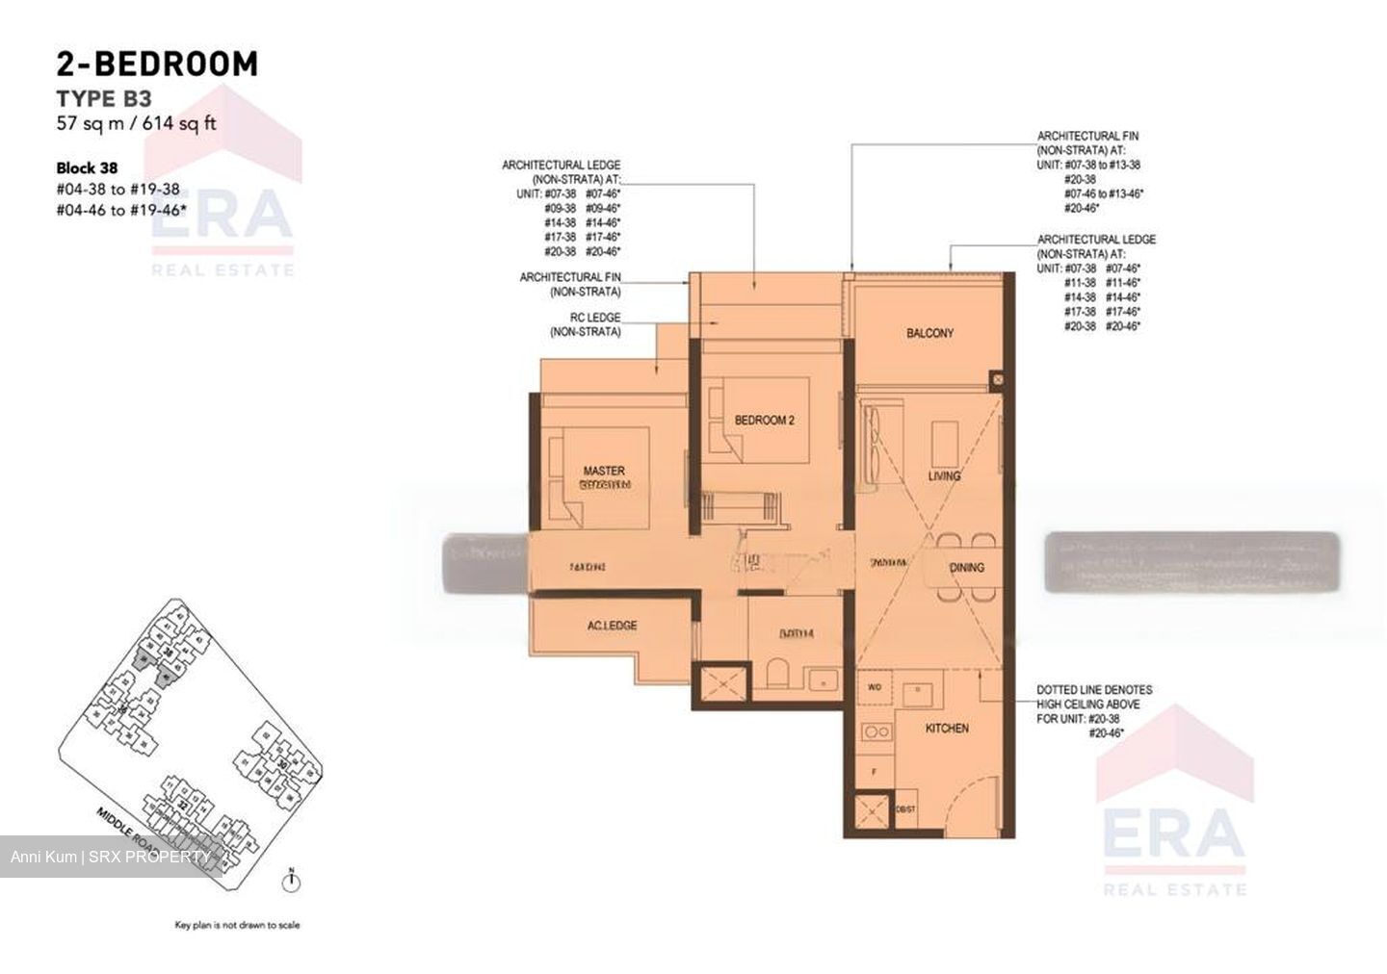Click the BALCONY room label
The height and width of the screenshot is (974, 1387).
tap(929, 333)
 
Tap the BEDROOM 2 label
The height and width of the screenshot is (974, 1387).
tap(764, 421)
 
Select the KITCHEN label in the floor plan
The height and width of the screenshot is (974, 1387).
tap(947, 729)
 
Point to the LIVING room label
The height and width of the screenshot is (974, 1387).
tap(944, 476)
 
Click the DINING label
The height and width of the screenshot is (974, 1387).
tap(967, 568)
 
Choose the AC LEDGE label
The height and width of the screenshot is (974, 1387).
tap(612, 626)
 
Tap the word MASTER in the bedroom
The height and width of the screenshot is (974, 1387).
tap(604, 471)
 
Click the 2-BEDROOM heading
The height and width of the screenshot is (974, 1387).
tap(157, 64)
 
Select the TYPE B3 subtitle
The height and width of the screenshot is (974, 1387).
tap(104, 98)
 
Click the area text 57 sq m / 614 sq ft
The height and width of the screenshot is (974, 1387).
tap(136, 123)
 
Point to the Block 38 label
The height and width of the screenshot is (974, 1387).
tap(88, 167)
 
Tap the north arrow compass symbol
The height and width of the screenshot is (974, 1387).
tap(290, 878)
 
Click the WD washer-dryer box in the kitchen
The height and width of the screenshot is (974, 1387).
tap(875, 687)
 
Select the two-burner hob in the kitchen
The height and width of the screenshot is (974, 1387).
tap(877, 731)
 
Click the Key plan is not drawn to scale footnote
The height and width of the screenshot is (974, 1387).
tap(237, 926)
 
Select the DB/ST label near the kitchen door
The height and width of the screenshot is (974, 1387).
tap(905, 809)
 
